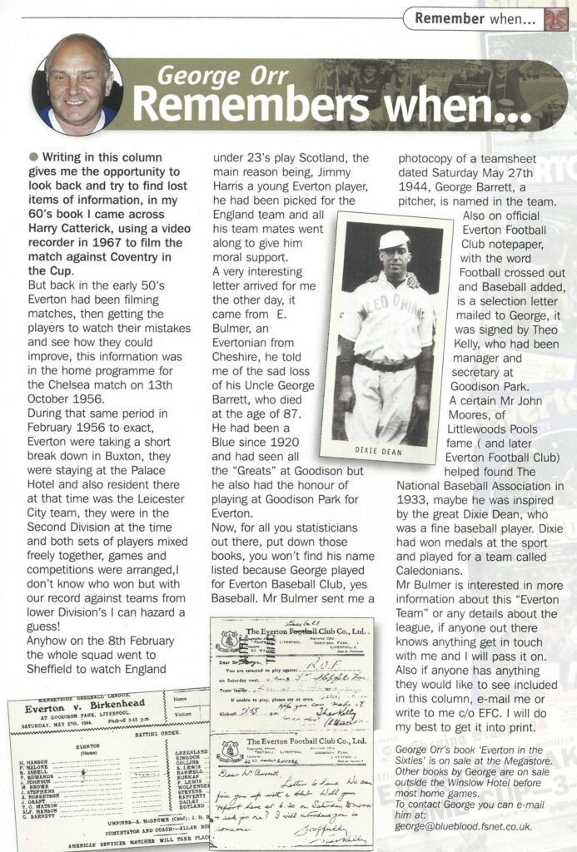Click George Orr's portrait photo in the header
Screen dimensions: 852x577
click(x=77, y=86)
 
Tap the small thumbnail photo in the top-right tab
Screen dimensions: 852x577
click(x=556, y=17)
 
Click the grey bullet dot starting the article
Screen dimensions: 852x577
click(x=33, y=156)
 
